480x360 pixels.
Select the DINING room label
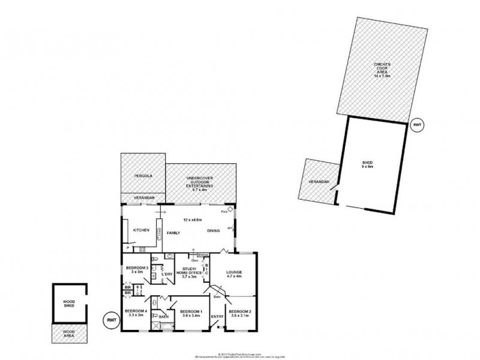(212, 231)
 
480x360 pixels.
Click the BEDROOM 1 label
(190, 313)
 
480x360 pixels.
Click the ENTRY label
(217, 317)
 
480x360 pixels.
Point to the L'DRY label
(167, 275)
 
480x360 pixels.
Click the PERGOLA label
(142, 176)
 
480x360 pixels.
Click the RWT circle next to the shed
(417, 124)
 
